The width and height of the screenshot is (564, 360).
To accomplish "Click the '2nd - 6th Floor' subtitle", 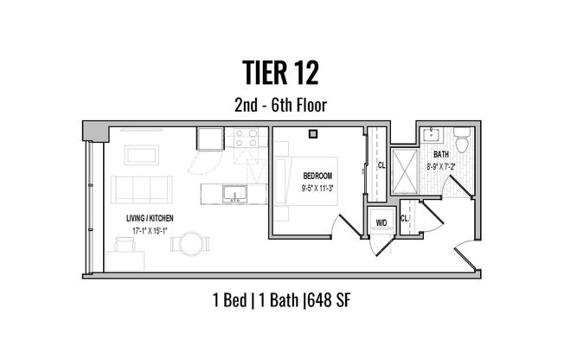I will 281,106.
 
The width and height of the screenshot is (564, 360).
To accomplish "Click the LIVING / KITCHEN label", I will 149,219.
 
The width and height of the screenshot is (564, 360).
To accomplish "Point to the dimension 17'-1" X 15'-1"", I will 149,230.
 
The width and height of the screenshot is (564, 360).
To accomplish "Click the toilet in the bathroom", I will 461,138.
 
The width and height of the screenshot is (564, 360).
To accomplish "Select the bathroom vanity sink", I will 432,135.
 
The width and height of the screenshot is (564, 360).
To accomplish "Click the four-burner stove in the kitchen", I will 245,138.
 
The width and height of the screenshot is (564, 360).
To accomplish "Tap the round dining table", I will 191,242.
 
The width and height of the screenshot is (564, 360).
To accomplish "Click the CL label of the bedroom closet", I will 381,165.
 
